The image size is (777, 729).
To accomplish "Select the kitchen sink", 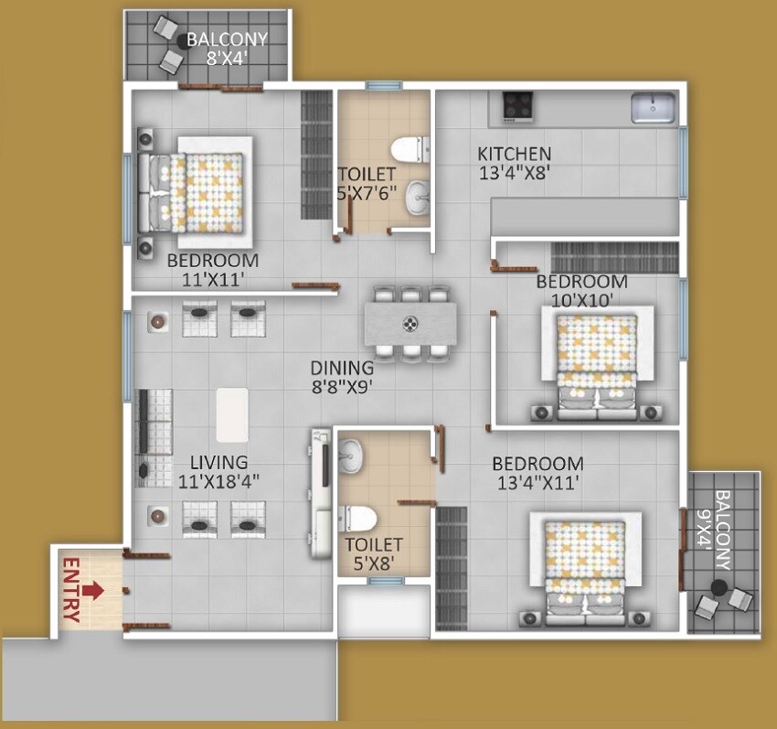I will point(654,107).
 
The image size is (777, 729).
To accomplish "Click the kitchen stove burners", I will point(517,106).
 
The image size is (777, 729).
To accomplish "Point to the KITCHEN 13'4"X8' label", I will point(515,162).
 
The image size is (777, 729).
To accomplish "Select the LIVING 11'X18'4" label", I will point(213,472).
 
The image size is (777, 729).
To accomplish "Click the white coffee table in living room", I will point(232,414).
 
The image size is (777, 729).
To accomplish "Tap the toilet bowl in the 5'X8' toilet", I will point(361,518).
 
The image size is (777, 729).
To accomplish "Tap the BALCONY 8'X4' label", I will point(227,48).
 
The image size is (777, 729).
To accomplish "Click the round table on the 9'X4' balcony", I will point(720,586).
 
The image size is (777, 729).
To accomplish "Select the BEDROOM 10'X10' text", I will point(581,290).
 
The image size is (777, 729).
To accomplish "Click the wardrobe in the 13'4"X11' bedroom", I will point(451,567).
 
